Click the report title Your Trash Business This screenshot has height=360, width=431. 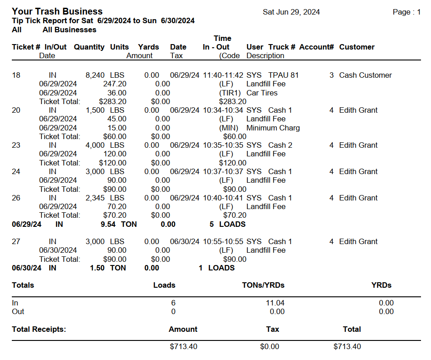tap(57, 12)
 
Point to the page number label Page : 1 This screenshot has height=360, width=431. tap(406, 12)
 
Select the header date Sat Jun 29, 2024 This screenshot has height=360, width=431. tap(291, 12)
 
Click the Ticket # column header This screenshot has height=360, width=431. tap(26, 47)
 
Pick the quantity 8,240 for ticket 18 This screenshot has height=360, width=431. tap(95, 75)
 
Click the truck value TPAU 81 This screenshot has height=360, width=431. tap(283, 75)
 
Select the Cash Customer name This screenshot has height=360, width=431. tap(365, 75)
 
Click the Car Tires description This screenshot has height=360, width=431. tap(261, 93)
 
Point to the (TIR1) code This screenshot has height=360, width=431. tap(229, 93)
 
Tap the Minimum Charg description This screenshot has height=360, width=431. tap(273, 128)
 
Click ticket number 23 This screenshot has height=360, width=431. tap(16, 145)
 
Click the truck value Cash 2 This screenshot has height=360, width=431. tap(280, 145)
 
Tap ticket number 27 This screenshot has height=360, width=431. tap(16, 242)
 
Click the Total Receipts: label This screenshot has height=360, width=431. tap(39, 330)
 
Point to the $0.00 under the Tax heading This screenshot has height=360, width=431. tap(270, 347)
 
